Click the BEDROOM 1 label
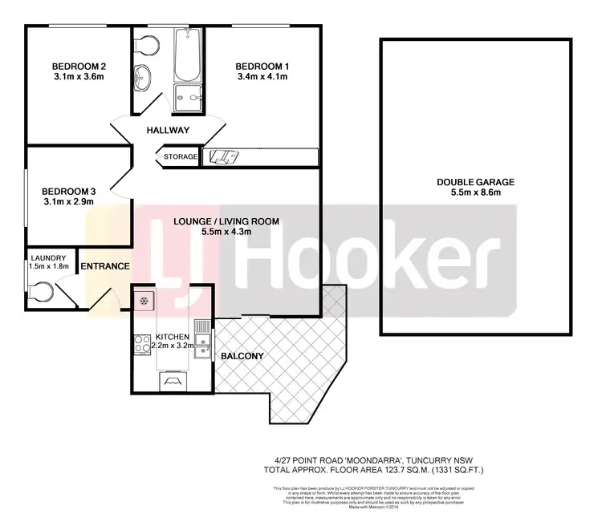262,66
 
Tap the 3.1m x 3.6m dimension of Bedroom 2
79,77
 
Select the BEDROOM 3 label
68,191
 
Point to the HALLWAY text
168,131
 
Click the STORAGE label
181,157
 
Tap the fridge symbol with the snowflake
144,301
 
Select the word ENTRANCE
105,266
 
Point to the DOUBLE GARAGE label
475,182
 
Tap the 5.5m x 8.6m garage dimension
475,193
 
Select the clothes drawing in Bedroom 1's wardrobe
222,157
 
